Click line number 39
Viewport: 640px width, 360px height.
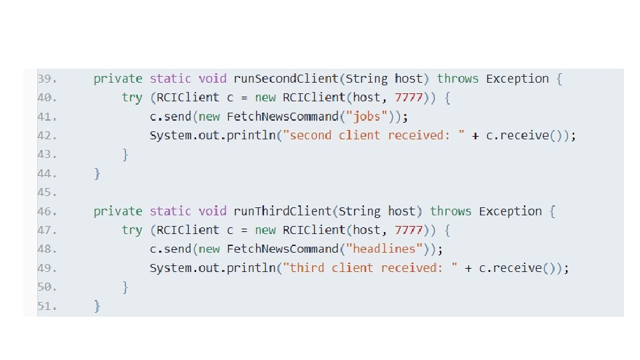pos(47,79)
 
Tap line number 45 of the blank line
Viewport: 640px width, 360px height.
pos(47,193)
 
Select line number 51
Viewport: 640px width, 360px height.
pos(47,307)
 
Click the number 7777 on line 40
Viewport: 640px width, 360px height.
pos(409,98)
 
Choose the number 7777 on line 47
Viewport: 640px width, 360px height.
pos(409,230)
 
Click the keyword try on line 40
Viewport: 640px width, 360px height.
pos(131,98)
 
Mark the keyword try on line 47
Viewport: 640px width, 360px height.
pos(131,230)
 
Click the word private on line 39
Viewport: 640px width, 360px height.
pos(117,79)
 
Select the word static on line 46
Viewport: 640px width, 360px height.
pos(170,211)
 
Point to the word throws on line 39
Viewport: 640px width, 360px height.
pos(457,79)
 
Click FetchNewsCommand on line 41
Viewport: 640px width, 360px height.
pos(283,117)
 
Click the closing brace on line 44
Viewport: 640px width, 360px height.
pos(97,174)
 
